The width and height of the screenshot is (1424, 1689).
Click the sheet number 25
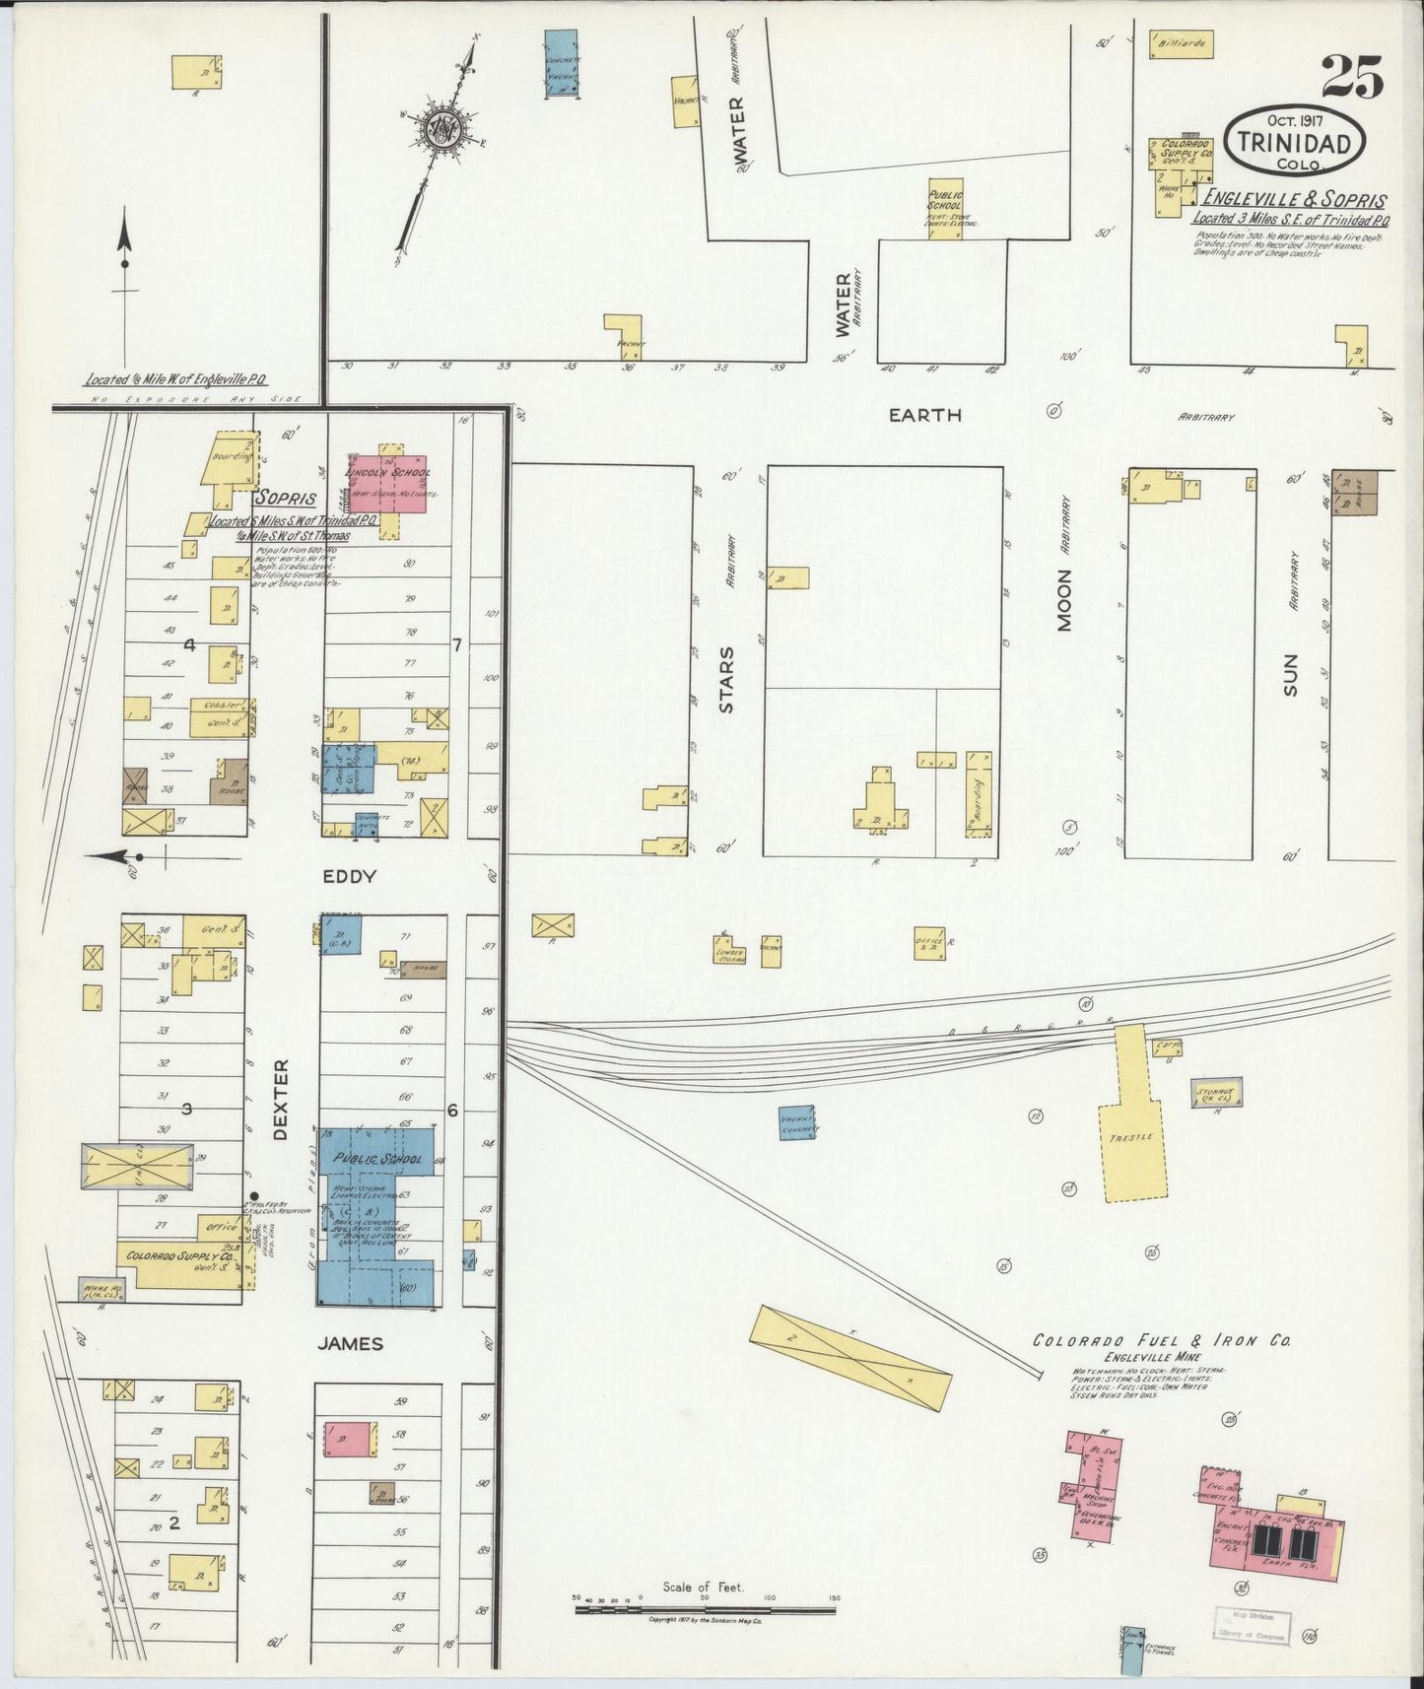tap(1352, 77)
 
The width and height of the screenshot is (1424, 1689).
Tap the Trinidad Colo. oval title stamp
tap(1294, 141)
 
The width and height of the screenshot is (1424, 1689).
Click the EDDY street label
tap(350, 876)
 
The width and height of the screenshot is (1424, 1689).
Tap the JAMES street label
tap(351, 1343)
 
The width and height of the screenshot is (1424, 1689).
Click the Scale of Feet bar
tap(704, 1610)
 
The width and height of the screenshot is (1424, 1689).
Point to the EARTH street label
tap(924, 415)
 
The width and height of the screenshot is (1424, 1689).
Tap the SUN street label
tap(1291, 675)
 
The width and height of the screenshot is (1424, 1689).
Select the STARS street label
tap(726, 679)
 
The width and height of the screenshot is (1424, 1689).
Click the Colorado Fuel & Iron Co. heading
tap(1162, 1341)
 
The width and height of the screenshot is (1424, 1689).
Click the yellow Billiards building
tap(1183, 45)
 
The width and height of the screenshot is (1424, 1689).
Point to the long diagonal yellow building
tap(850, 1359)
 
